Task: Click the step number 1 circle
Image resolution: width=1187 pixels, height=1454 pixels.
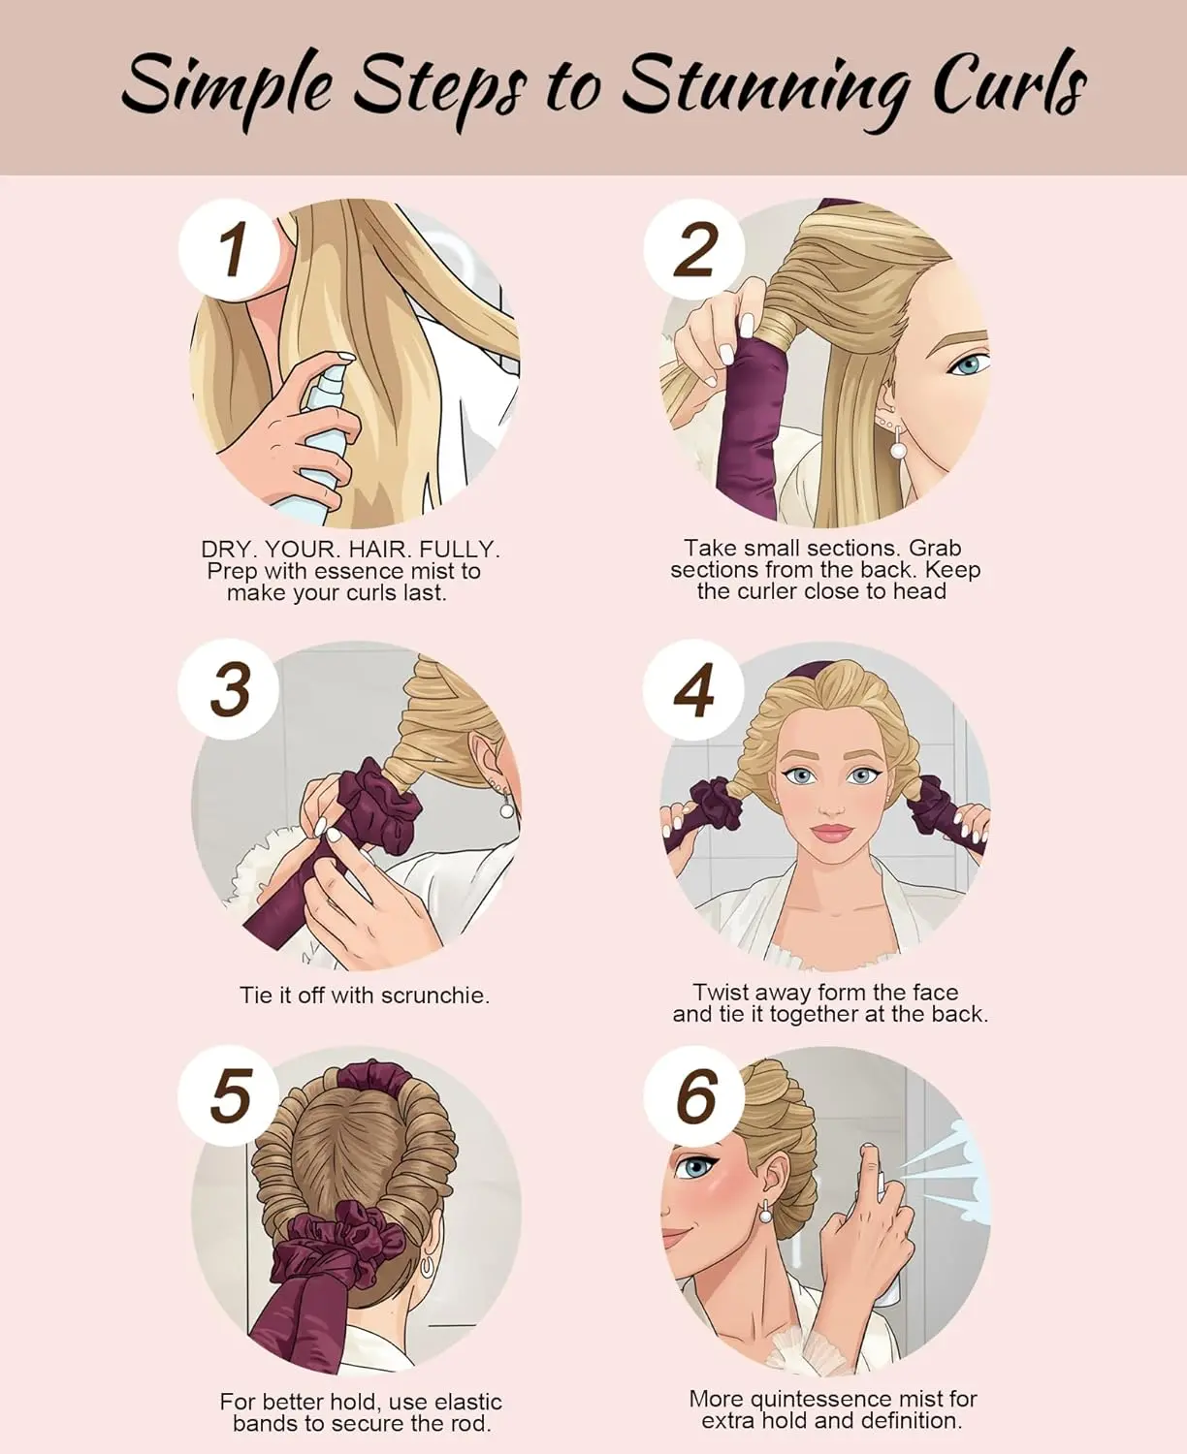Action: click(x=229, y=249)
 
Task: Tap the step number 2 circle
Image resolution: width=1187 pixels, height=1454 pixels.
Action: click(x=693, y=249)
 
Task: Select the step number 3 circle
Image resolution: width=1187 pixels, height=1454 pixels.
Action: click(x=228, y=689)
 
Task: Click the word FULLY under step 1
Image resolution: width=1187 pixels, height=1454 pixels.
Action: click(x=460, y=550)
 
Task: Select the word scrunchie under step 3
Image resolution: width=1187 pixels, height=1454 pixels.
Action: click(x=435, y=996)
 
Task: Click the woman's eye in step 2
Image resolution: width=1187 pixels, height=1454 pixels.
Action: click(x=970, y=364)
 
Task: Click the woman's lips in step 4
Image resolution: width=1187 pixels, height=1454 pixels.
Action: click(x=833, y=832)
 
